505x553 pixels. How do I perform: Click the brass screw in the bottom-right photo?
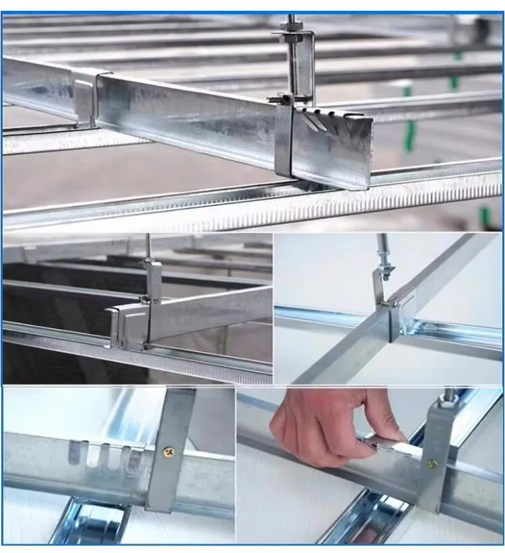(x=432, y=465)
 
